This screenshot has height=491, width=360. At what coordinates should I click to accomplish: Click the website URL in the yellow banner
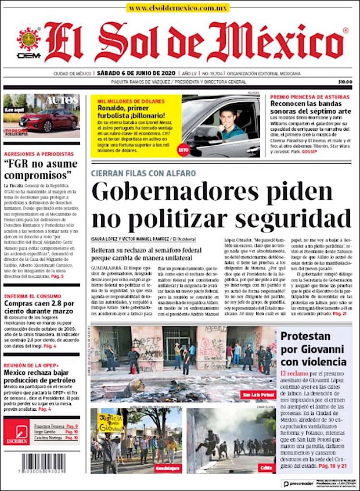178,8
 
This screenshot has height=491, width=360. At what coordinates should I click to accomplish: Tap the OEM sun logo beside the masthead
28,41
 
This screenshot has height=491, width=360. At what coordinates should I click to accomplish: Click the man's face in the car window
228,114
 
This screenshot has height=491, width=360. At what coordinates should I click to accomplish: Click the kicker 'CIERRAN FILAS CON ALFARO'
143,173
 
